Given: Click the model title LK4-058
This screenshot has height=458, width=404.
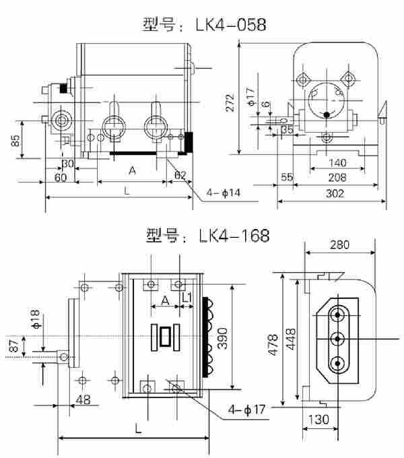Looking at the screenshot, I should (205, 26).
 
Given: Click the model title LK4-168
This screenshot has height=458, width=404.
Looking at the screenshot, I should (207, 236).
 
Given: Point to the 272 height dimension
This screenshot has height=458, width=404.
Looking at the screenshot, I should (230, 102).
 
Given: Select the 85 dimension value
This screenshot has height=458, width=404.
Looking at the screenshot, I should (15, 141).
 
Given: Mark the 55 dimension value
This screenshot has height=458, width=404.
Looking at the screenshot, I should (286, 178).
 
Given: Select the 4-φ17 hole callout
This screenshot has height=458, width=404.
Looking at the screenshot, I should (246, 408).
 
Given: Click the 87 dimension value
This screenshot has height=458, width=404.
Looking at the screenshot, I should (13, 346).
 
